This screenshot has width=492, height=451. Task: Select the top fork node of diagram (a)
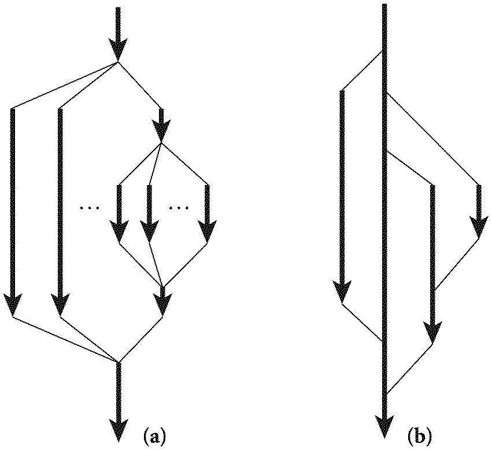tap(118, 61)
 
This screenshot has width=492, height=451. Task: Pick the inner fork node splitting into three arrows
tap(162, 143)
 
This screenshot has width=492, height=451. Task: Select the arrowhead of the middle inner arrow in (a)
tap(149, 232)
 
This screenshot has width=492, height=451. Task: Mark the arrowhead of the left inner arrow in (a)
tap(119, 232)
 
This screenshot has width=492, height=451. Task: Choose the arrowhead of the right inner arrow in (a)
tap(207, 232)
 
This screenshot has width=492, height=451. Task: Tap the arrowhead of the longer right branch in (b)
tap(432, 334)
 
